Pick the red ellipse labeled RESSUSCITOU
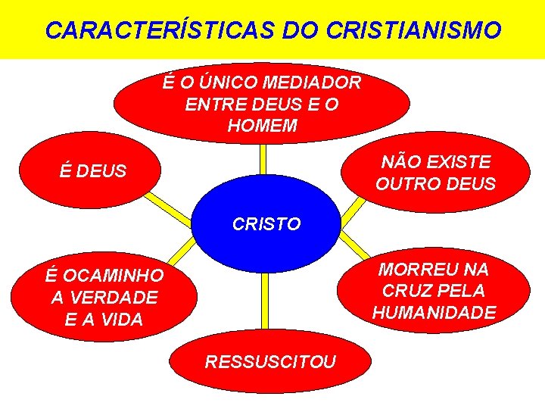(270, 361)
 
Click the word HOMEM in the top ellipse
(262, 126)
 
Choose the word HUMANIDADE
(434, 313)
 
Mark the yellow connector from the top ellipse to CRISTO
(262, 159)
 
